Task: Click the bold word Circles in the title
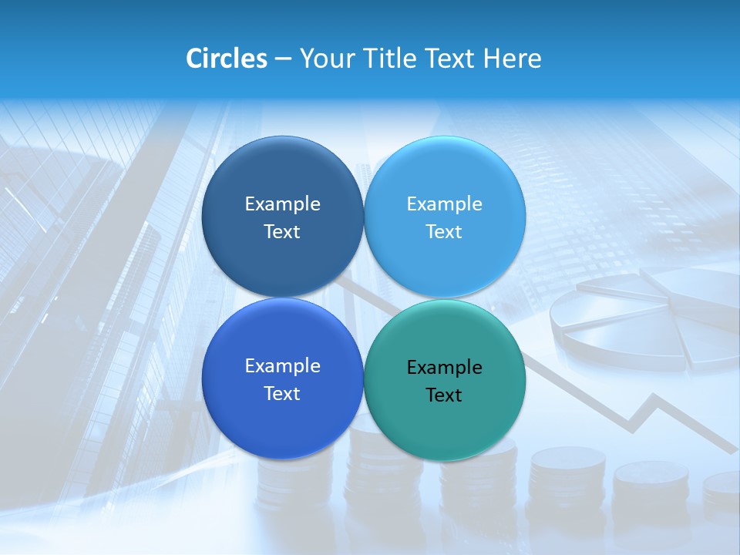[227, 59]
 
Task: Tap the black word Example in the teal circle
[445, 368]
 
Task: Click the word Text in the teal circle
[444, 395]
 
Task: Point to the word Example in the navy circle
[282, 204]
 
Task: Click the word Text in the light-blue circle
[444, 232]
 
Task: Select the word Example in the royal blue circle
[282, 366]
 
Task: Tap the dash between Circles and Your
[283, 59]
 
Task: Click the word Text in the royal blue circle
[282, 394]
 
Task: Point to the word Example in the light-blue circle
[445, 204]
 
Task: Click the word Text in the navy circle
[282, 232]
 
